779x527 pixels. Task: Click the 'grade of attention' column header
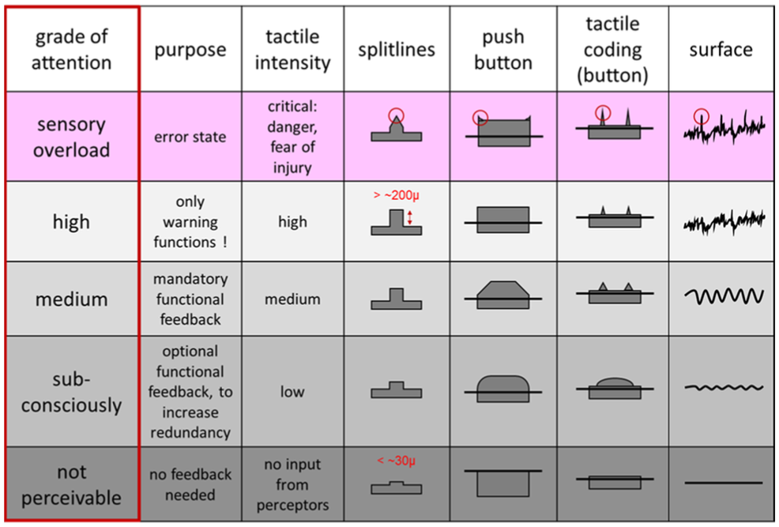coord(70,49)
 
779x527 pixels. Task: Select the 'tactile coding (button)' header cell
coord(612,49)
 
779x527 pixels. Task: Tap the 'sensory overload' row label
coord(70,137)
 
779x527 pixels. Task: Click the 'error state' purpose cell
coord(190,137)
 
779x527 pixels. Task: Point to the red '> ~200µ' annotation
coord(397,194)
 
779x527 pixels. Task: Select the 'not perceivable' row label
coord(70,485)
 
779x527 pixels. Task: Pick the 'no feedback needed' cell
coord(190,485)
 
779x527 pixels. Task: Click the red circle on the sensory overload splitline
coord(397,115)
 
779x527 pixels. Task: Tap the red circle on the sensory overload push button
coord(480,118)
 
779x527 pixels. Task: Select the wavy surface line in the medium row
coord(723,297)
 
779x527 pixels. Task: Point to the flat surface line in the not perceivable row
coord(723,482)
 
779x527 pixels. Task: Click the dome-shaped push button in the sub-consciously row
coord(502,386)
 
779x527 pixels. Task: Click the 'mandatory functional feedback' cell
coord(190,299)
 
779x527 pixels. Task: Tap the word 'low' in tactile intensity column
coord(292,392)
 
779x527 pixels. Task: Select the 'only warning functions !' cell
coord(190,222)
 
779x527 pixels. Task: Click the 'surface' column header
coord(721,49)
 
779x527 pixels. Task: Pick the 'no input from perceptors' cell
coord(292,485)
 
